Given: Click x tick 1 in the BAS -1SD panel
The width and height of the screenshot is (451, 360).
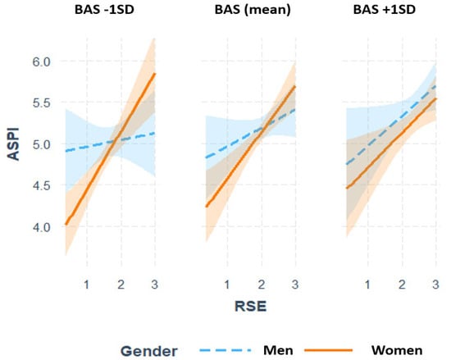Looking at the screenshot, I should pyautogui.click(x=87, y=284).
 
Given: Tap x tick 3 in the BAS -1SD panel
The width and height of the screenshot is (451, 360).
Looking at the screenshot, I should pyautogui.click(x=154, y=284).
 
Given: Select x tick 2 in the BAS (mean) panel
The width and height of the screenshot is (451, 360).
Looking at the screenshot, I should pyautogui.click(x=261, y=284).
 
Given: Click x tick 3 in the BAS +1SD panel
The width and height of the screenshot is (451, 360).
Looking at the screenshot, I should pyautogui.click(x=434, y=284).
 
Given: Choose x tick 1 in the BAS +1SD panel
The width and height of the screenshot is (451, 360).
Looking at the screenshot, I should pyautogui.click(x=367, y=284).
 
